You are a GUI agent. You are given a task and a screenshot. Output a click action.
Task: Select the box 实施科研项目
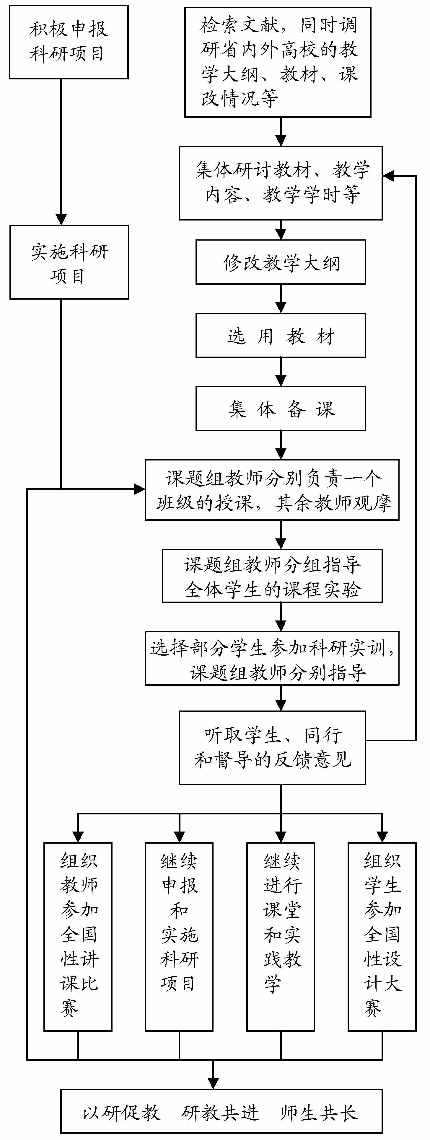pos(69,262)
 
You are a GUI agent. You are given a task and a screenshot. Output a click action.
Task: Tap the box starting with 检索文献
pos(278,62)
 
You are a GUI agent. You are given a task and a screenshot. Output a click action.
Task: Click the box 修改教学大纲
pos(281,262)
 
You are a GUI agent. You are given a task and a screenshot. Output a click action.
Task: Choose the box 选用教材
pos(281,335)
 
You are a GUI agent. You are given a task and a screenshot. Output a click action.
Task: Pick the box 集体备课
pos(281,409)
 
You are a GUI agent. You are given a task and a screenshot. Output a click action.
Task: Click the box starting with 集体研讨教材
pos(281,183)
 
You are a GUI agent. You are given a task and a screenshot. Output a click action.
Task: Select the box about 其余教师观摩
pos(272,490)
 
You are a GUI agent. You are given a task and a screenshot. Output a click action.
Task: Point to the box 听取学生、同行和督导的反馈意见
pos(272,748)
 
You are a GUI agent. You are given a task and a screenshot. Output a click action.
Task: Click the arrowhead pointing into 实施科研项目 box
pos(61,219)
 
